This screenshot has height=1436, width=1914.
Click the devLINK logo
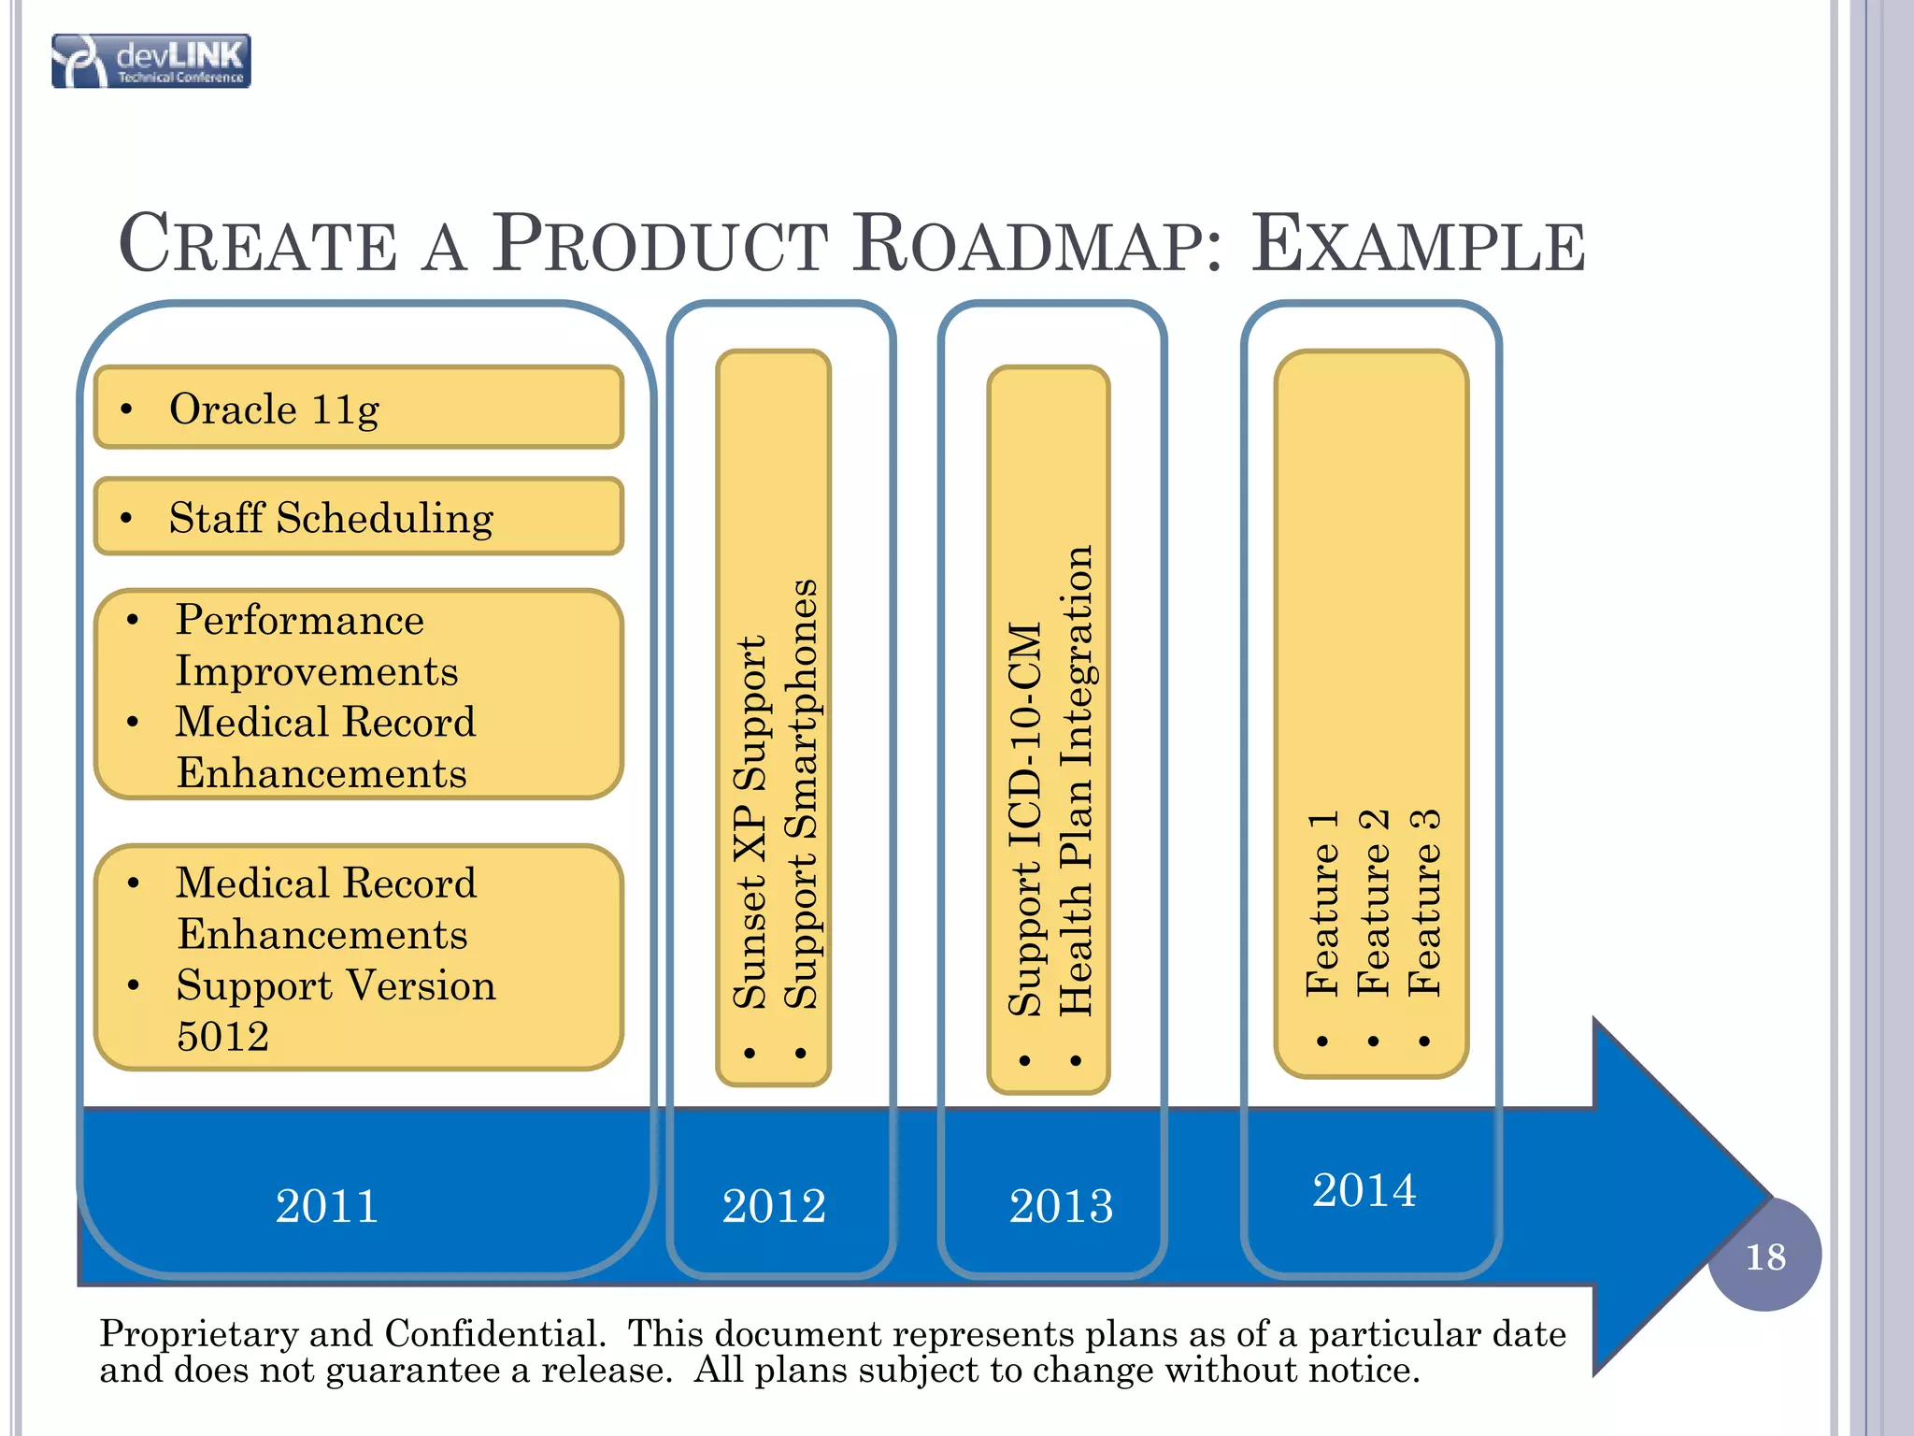click(x=151, y=62)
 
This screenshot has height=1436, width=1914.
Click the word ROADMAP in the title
click(x=1037, y=245)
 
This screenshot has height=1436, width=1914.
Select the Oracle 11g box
click(x=359, y=408)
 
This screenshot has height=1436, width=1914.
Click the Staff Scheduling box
click(x=359, y=517)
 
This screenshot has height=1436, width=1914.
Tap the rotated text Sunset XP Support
click(x=750, y=823)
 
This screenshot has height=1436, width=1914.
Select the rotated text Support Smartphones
click(x=801, y=795)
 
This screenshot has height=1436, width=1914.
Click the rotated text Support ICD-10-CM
click(x=1025, y=819)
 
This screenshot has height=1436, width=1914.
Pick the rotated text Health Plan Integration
click(x=1077, y=781)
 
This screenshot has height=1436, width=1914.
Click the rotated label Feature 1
click(x=1322, y=903)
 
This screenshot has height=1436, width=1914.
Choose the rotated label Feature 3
click(x=1424, y=903)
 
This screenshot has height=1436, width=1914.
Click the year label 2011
click(x=327, y=1205)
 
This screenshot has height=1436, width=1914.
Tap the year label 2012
click(x=774, y=1205)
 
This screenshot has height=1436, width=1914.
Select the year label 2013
click(x=1061, y=1205)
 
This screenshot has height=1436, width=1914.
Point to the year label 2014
click(x=1364, y=1190)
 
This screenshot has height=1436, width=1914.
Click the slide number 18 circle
click(x=1764, y=1256)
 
